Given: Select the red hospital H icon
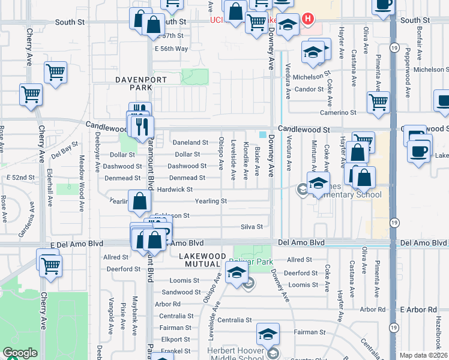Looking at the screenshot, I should pyautogui.click(x=308, y=19).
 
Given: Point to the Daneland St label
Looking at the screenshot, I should pyautogui.click(x=190, y=143).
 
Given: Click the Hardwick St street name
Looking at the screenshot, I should pyautogui.click(x=174, y=190).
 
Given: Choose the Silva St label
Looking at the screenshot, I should pyautogui.click(x=252, y=227).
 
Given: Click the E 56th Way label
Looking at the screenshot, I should pyautogui.click(x=171, y=49).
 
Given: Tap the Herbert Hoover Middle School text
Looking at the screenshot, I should pyautogui.click(x=235, y=355).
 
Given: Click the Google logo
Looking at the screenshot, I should pyautogui.click(x=19, y=353).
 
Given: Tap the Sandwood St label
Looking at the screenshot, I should pyautogui.click(x=181, y=292).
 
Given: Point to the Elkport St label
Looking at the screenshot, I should pyautogui.click(x=176, y=339).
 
